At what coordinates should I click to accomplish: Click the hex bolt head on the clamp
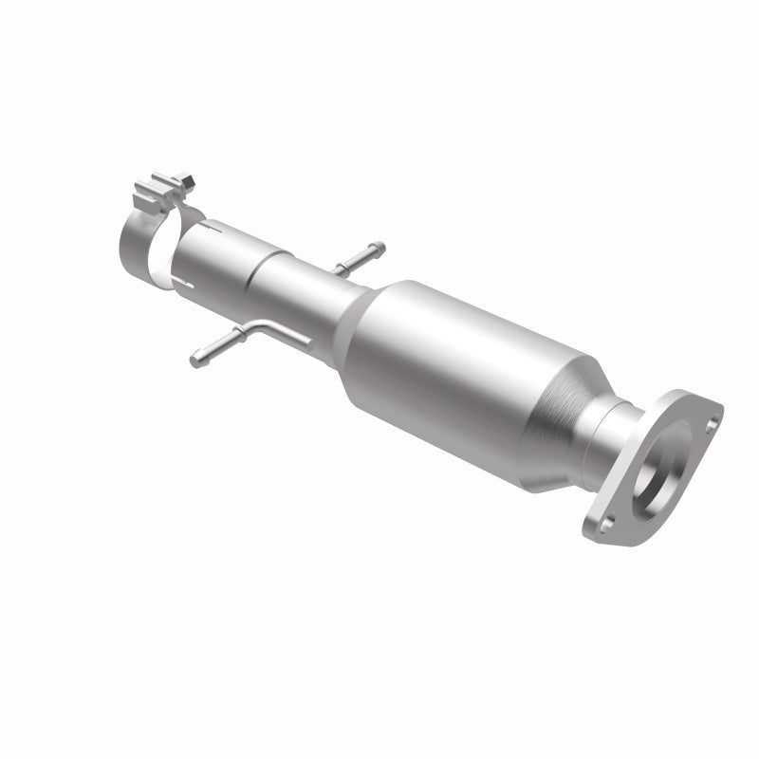(x=187, y=178)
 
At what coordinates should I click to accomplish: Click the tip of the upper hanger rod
(x=380, y=249)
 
